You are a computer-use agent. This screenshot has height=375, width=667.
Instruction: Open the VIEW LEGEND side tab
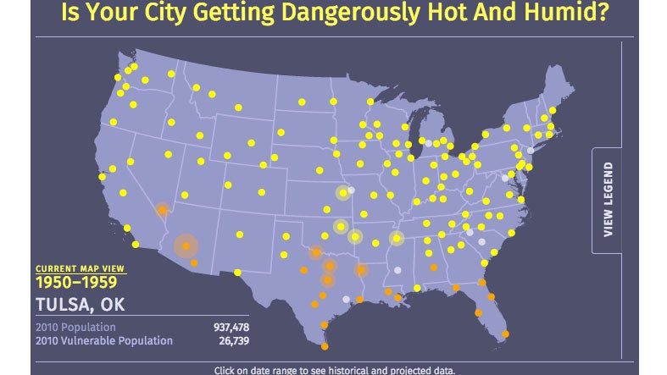[x=608, y=200]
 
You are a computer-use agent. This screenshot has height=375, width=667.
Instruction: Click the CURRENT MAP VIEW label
[x=80, y=268]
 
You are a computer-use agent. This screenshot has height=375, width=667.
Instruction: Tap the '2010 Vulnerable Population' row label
[x=103, y=340]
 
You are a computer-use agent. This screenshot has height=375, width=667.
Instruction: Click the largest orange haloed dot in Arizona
[x=186, y=246]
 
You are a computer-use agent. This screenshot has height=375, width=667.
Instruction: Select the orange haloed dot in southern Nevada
[x=162, y=209]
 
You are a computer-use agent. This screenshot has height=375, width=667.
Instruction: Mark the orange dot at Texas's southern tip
[x=325, y=345]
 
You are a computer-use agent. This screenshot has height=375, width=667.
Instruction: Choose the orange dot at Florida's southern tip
[x=506, y=334]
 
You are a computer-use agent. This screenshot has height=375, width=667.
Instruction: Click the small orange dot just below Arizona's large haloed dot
[x=194, y=263]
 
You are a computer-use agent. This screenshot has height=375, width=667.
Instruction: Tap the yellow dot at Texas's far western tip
[x=237, y=273]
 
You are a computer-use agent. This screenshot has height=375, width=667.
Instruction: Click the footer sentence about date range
[x=334, y=370]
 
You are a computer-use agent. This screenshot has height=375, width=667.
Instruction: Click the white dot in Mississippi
[x=396, y=270]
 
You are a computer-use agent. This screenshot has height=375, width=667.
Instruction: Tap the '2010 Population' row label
[x=75, y=327]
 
